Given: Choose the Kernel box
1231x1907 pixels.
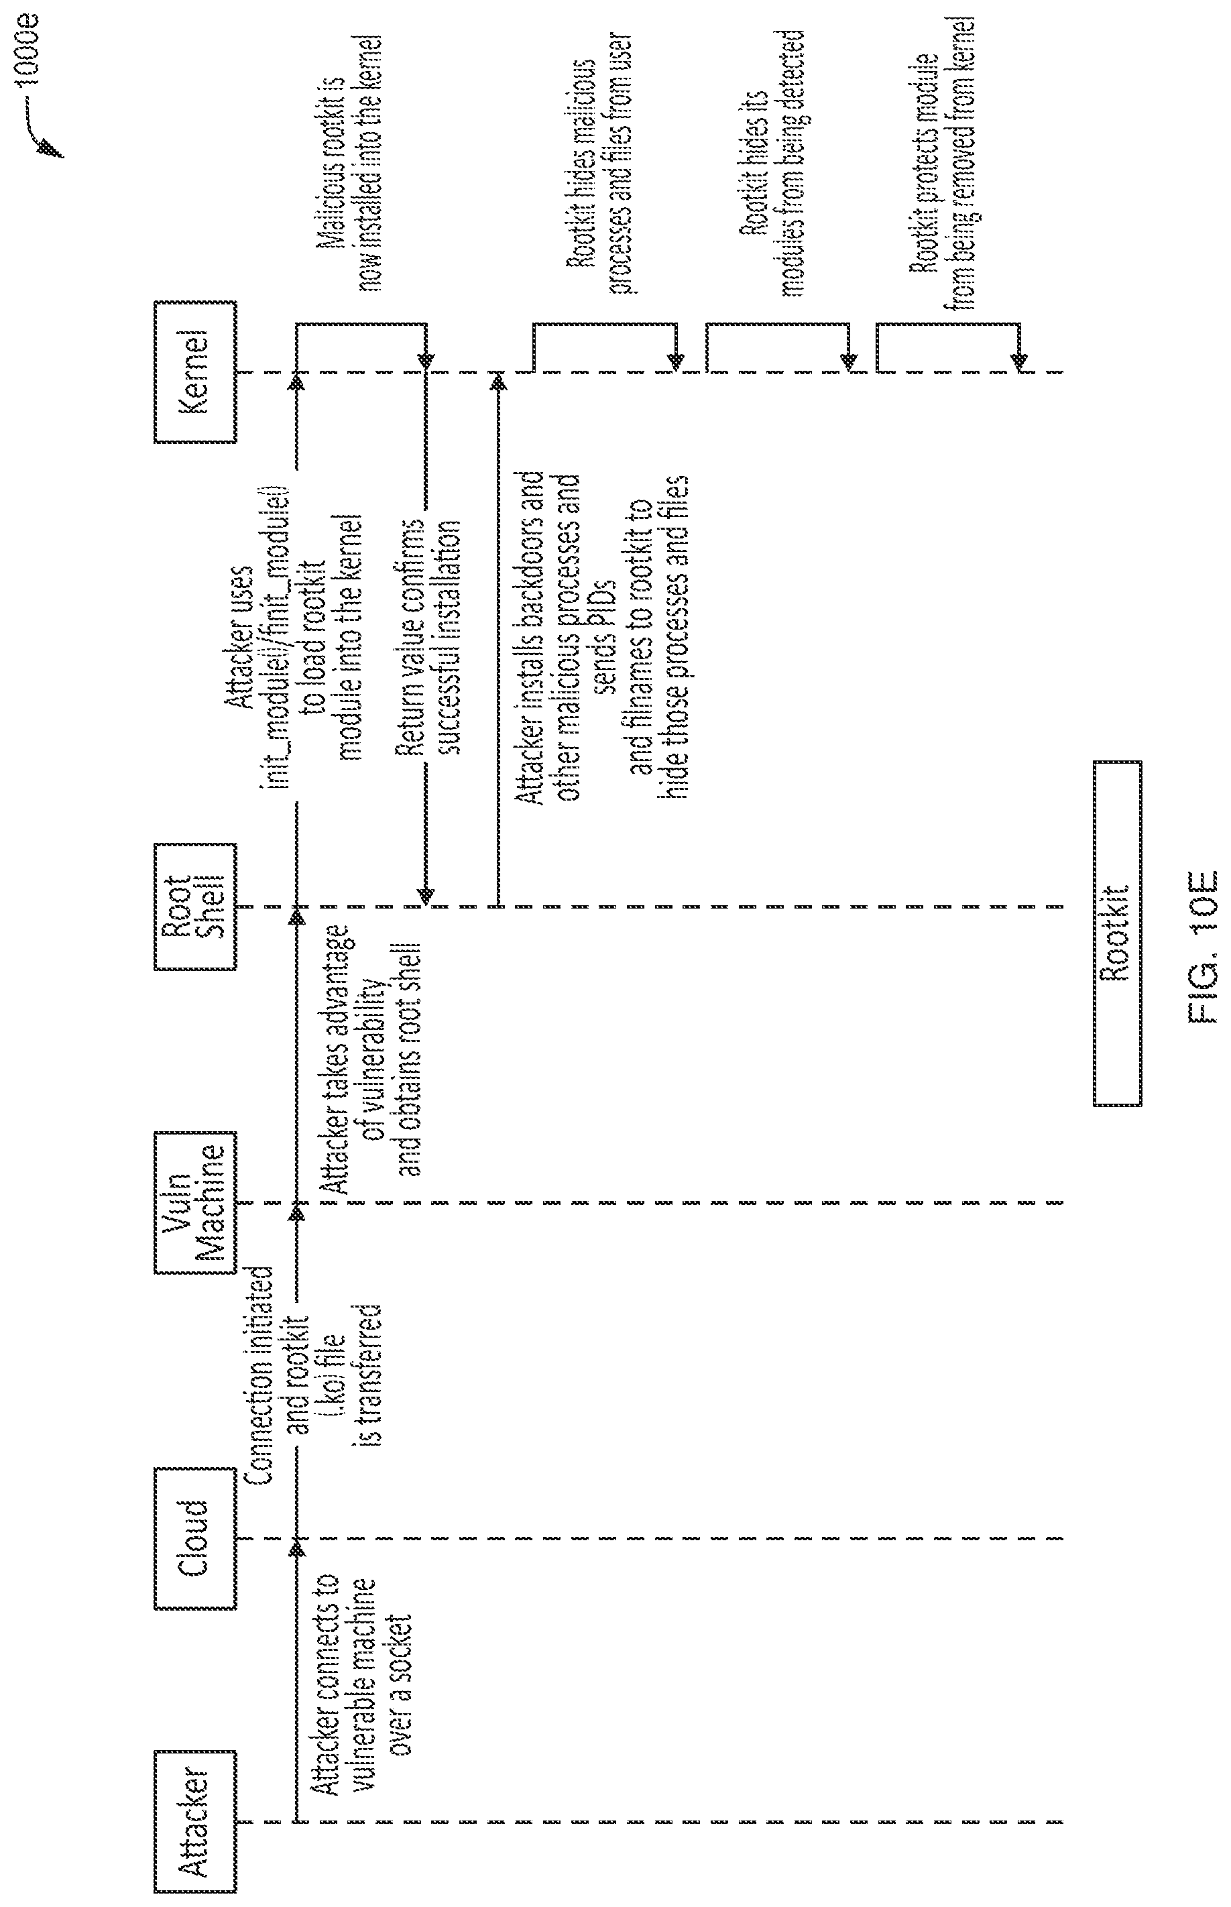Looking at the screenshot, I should (194, 371).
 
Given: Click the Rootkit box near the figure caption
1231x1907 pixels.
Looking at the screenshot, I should (1117, 933).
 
